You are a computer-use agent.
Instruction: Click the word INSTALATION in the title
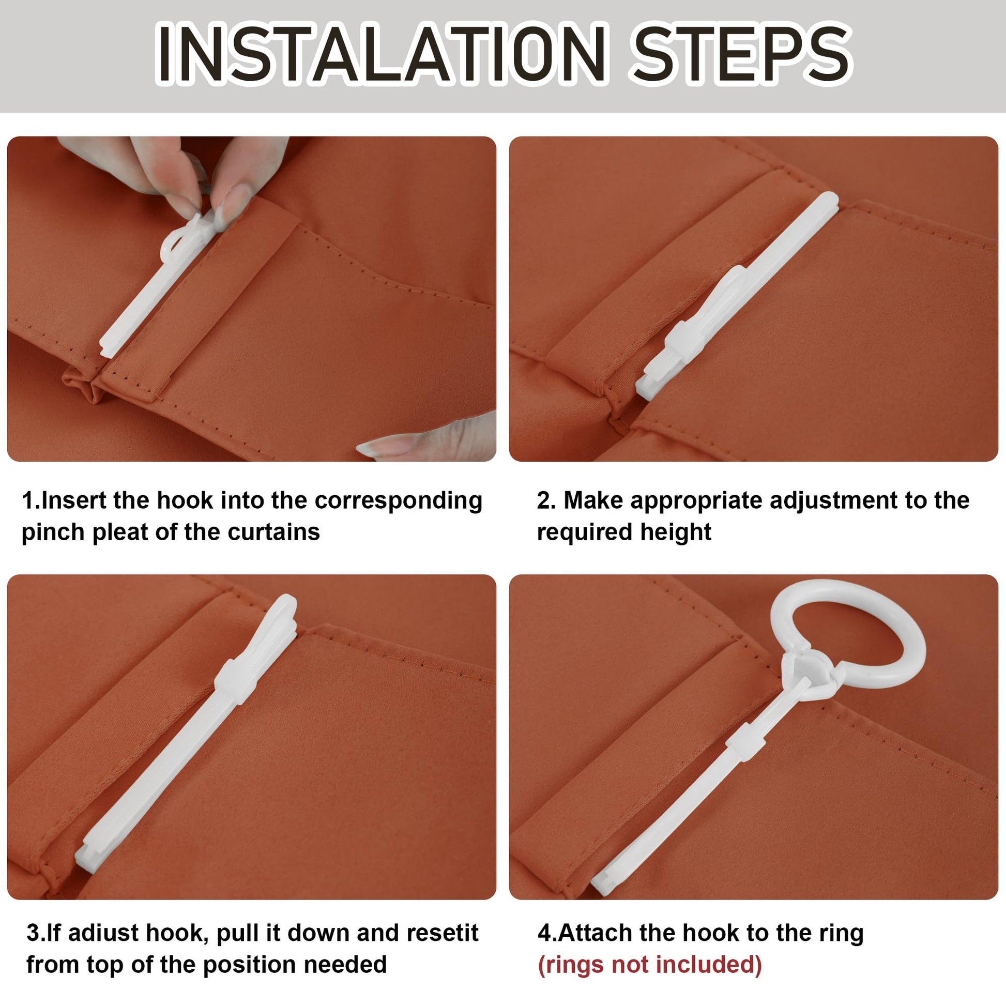tap(380, 54)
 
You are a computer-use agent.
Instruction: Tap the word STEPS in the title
tap(742, 54)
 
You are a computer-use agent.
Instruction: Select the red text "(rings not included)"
tap(650, 964)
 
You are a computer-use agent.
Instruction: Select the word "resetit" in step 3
tap(442, 933)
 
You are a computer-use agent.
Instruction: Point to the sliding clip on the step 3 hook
tap(234, 681)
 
